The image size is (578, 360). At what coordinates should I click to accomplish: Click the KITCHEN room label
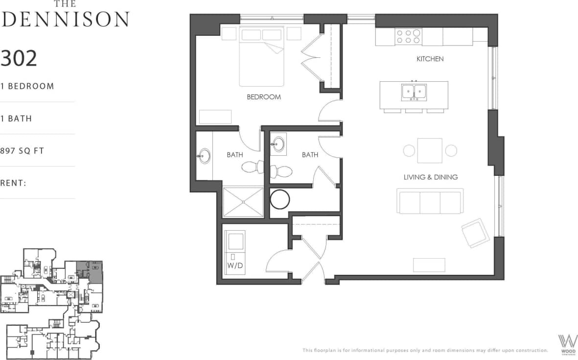point(430,59)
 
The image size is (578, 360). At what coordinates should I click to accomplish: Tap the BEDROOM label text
point(264,97)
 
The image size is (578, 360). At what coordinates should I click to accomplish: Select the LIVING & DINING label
point(431,177)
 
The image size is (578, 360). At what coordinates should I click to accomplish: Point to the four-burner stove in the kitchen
point(408,37)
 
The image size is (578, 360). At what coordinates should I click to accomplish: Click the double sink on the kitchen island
point(414,92)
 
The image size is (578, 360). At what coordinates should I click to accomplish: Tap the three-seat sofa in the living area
point(430,201)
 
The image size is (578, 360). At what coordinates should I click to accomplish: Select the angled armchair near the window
point(475,233)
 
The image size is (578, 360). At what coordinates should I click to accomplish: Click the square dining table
point(430,150)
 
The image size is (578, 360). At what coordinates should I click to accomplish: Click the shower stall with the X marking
point(243,201)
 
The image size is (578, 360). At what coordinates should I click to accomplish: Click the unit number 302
point(19,58)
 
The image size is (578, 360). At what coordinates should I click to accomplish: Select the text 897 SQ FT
point(22,151)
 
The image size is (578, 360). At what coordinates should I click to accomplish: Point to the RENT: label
point(13,183)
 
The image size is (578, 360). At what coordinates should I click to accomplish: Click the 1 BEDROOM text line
point(27,86)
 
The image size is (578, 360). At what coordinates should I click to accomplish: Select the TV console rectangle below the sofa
point(429,264)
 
